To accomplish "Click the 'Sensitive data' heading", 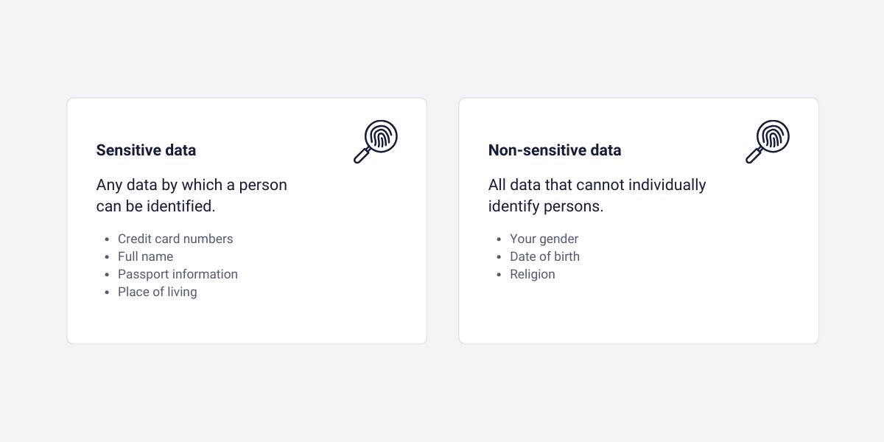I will point(146,150).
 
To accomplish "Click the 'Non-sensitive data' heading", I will point(554,150).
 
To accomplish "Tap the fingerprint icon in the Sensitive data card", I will point(376,141).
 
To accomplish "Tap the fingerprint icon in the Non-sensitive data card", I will point(768,141).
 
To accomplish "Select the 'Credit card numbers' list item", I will point(175,239).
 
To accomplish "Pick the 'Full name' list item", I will point(145,256).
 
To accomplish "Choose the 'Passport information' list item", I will point(178,274).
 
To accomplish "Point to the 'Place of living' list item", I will point(157,292).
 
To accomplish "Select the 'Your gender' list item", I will point(544,239).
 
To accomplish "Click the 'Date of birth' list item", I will point(544,256).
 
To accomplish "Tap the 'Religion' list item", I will point(532,274).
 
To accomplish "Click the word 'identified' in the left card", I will point(181,206).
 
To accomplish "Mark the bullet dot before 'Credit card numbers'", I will point(108,239).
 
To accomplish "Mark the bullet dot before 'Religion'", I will point(499,275).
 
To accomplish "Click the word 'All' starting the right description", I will point(497,185).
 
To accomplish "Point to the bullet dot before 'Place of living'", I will point(108,292).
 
